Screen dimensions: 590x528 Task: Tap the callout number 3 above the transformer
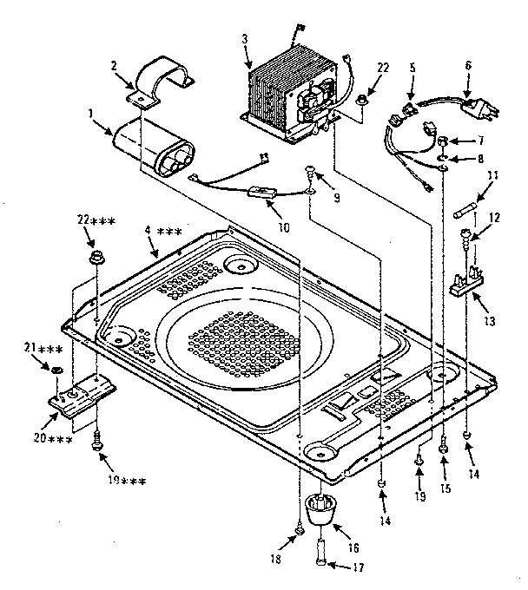pos(246,39)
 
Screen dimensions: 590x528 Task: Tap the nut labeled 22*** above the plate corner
pos(96,259)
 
